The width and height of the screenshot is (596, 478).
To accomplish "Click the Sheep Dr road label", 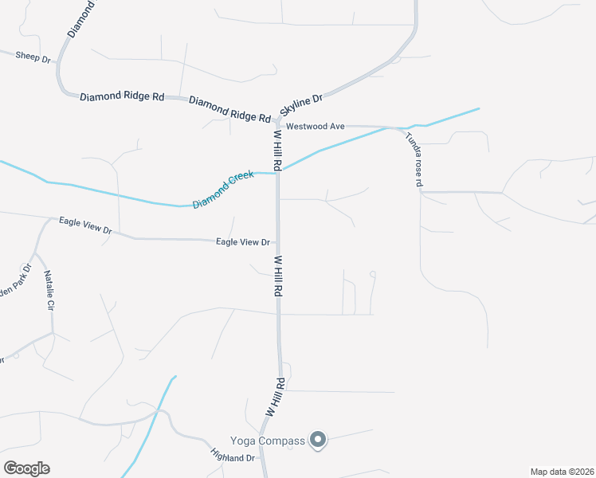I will pos(33,57).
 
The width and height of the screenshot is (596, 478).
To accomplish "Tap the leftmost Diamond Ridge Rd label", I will pos(122,96).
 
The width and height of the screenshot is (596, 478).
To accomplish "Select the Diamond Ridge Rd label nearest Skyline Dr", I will pos(229,108).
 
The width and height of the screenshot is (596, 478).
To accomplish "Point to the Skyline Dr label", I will pos(301,104).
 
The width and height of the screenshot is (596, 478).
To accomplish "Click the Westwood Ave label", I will pos(315,126).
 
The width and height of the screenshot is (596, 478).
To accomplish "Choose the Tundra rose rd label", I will pos(413,159).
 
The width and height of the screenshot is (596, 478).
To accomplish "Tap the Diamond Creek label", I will pos(222,189).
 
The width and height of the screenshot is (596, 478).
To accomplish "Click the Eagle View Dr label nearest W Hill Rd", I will pos(244,241).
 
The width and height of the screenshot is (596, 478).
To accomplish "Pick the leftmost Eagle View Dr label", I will pos(87,225).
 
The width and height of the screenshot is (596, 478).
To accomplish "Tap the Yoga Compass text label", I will pos(268,441).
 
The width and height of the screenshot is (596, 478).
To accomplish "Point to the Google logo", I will pos(27,468).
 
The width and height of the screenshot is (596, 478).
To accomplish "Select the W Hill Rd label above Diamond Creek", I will pos(277,151).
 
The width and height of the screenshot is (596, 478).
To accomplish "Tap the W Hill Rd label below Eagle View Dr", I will pos(278,276).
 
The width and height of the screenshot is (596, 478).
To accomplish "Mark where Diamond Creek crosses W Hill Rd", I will pos(278,173).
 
